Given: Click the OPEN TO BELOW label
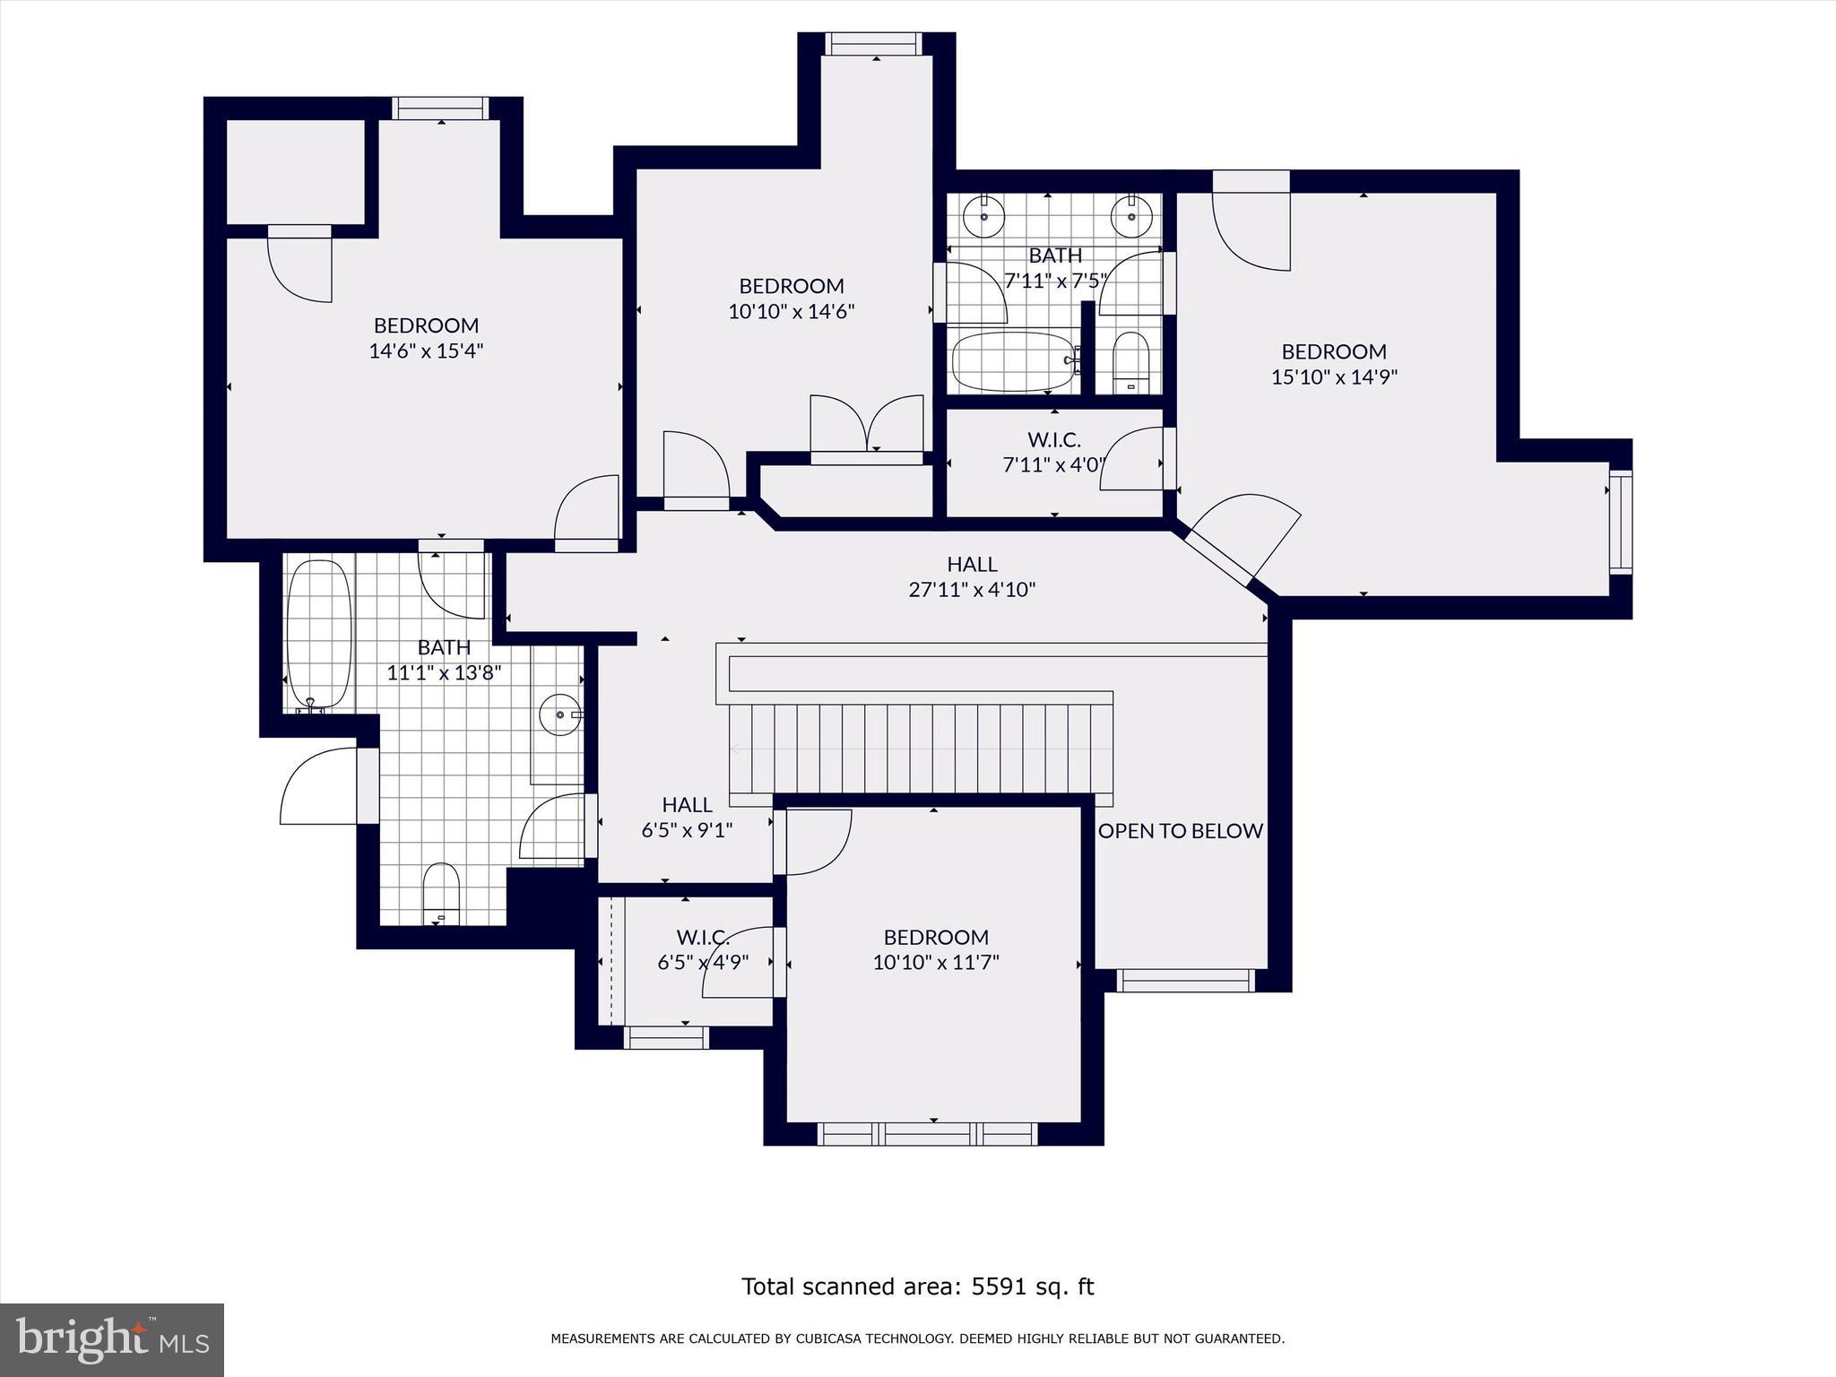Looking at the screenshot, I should tap(1180, 831).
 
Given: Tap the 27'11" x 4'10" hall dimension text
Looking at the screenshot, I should tap(972, 590).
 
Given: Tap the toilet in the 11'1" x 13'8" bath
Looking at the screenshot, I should tap(440, 893).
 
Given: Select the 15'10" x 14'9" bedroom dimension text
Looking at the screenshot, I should tap(1334, 377).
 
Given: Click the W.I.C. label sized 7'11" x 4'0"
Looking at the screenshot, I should tap(1053, 440).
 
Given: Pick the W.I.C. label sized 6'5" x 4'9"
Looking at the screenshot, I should tap(702, 938).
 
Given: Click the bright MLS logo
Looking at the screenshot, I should tap(112, 1339).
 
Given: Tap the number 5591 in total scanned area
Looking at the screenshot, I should tap(999, 1286).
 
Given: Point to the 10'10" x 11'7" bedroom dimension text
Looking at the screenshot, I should tap(935, 963).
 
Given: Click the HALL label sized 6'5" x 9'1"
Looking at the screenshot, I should tap(687, 805).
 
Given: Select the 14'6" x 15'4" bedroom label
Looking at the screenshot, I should tap(426, 325).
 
